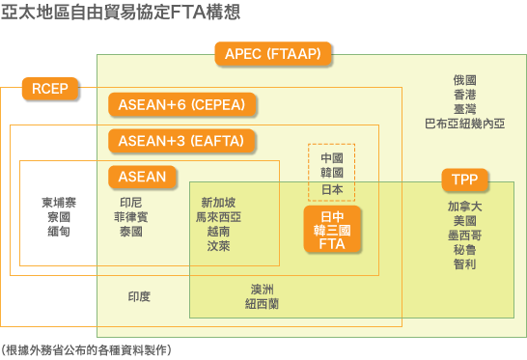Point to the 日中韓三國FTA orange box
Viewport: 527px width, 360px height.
[x=331, y=229]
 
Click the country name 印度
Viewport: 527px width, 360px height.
[x=139, y=296]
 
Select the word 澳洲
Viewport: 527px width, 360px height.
[x=263, y=289]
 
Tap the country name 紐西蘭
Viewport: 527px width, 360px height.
[x=263, y=303]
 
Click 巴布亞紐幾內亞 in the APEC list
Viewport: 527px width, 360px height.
[x=464, y=124]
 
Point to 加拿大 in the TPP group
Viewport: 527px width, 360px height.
[x=464, y=207]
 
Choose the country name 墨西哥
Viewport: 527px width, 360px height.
[x=464, y=235]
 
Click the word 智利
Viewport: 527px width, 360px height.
[x=464, y=263]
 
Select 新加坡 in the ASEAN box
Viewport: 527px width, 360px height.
[x=218, y=203]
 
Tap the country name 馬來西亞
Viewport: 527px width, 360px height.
[x=218, y=217]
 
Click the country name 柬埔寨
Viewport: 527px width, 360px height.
[x=59, y=203]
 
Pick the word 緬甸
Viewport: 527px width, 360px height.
[x=59, y=232]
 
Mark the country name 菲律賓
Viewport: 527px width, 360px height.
[x=131, y=217]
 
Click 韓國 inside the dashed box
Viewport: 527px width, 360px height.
[x=332, y=173]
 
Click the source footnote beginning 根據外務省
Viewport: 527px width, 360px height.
[x=86, y=348]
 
